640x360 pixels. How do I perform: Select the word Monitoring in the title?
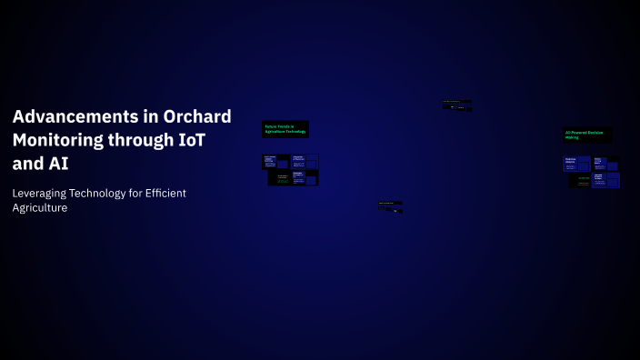[x=58, y=141]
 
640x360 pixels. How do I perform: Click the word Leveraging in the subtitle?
[x=45, y=193]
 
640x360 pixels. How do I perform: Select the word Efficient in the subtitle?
[x=192, y=193]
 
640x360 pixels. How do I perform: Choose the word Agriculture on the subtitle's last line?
[x=40, y=208]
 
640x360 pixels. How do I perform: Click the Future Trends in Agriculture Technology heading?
[x=285, y=129]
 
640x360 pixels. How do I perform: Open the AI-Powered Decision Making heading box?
[x=586, y=135]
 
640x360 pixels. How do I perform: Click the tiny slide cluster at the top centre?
[x=457, y=105]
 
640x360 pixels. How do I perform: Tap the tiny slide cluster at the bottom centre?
[x=390, y=206]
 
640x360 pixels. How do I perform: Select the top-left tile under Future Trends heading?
[x=275, y=162]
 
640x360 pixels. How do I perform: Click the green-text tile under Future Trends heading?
[x=280, y=178]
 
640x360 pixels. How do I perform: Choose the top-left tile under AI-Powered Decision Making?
[x=576, y=165]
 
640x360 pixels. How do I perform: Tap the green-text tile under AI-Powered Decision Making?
[x=580, y=180]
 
